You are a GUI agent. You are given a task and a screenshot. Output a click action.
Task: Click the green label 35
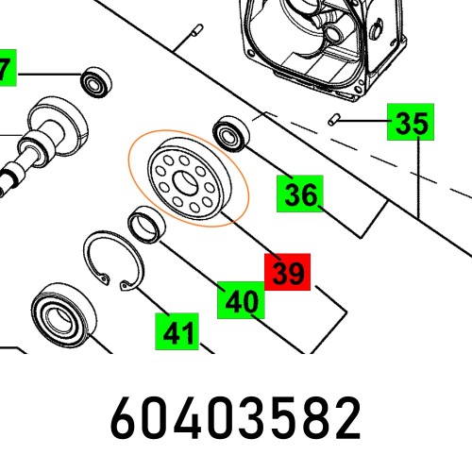pos(412,123)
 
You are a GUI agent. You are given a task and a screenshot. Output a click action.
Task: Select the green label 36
pos(300,194)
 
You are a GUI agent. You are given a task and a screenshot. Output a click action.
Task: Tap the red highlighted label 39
pos(288,273)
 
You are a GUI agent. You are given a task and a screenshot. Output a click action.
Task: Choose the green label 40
pos(241,301)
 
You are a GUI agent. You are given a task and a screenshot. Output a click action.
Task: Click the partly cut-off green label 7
pos(7,69)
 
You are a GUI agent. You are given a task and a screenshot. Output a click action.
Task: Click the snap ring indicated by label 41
pos(108,260)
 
